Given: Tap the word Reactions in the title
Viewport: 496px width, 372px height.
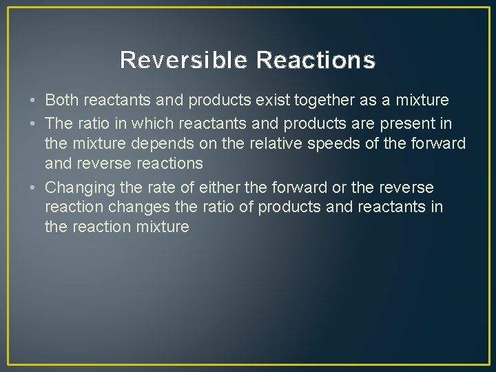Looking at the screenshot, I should (316, 61).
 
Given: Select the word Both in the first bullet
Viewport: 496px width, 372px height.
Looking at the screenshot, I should (61, 101).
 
